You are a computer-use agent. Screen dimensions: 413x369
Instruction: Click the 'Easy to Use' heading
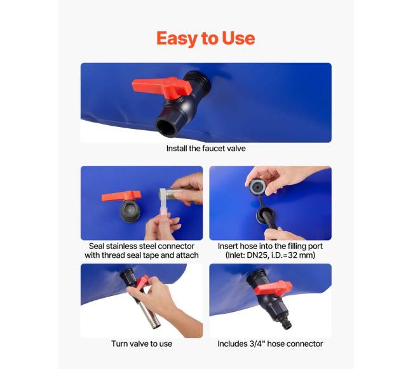click(206, 39)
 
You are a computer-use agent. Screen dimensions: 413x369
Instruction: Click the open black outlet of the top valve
click(166, 128)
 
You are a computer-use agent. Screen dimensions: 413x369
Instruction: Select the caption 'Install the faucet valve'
click(206, 149)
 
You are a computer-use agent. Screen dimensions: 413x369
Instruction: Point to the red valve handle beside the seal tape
click(121, 196)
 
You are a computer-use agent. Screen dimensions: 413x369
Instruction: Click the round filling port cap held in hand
click(257, 186)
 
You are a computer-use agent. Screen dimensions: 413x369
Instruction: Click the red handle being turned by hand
click(142, 282)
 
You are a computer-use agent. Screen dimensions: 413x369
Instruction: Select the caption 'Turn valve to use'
click(142, 344)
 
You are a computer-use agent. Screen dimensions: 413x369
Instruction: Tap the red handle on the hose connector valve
click(273, 288)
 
